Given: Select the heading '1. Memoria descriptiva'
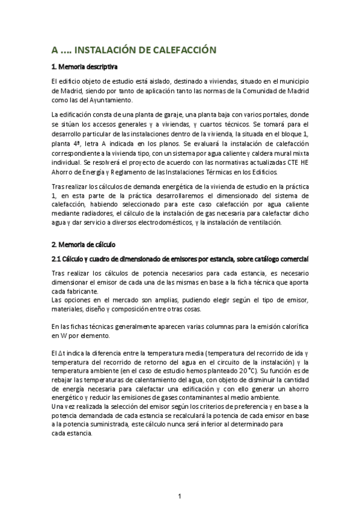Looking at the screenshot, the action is coord(84,66).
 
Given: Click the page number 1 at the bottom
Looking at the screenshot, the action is coord(180,496).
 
